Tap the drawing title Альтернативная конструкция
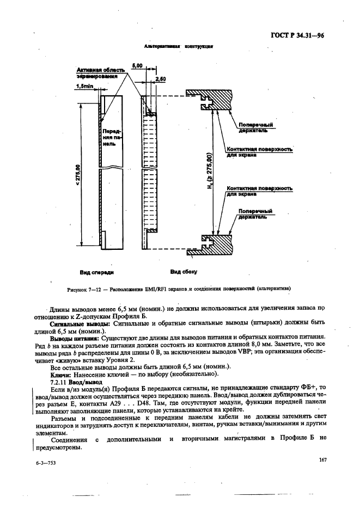click(x=178, y=47)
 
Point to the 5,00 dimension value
click(x=138, y=65)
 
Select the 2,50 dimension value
click(x=161, y=79)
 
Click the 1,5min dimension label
click(x=84, y=85)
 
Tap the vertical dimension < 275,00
click(x=77, y=174)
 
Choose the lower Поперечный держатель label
click(x=253, y=213)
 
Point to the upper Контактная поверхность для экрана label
click(x=259, y=152)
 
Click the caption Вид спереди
click(x=96, y=271)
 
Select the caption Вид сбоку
click(x=184, y=271)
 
